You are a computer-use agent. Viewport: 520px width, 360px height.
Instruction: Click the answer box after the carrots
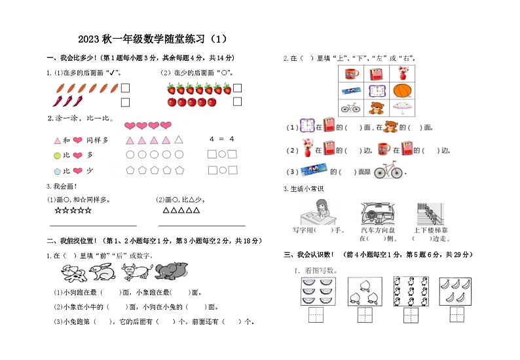pyautogui.click(x=125, y=88)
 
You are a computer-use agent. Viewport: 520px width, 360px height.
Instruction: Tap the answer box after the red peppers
pyautogui.click(x=125, y=101)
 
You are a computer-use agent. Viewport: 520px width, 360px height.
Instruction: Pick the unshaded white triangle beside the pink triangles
pyautogui.click(x=181, y=139)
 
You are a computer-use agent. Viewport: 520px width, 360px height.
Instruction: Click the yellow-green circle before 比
pyautogui.click(x=56, y=155)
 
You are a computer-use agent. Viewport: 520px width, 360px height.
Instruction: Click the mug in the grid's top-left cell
pyautogui.click(x=351, y=73)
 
